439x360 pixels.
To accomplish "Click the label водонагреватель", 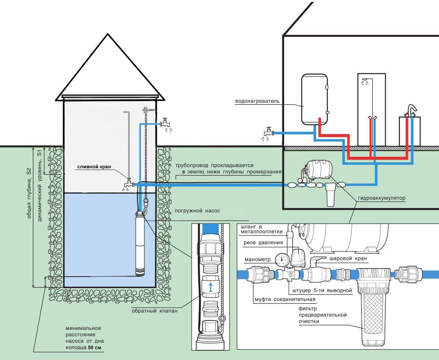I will click(257, 101).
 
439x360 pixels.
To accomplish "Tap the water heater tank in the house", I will click(315, 99).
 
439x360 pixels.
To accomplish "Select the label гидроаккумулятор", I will click(382, 198).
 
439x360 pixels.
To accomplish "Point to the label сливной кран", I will click(94, 167).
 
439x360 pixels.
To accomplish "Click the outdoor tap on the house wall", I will click(268, 133).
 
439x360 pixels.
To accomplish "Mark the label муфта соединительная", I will click(285, 299).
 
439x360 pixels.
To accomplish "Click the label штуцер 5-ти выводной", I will click(320, 291).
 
